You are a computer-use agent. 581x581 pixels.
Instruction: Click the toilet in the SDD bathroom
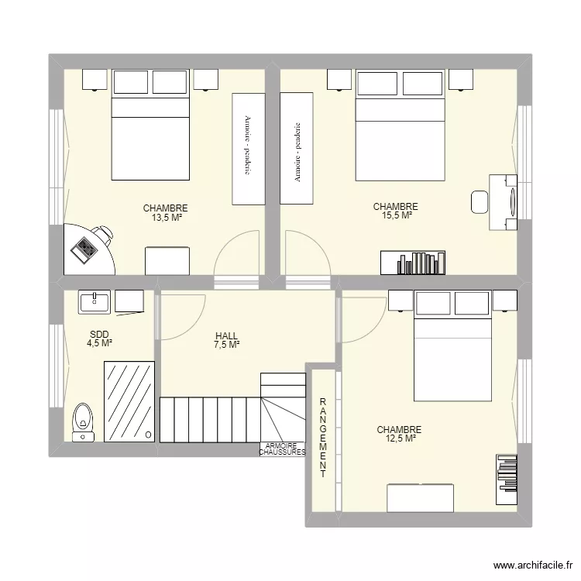click(83, 421)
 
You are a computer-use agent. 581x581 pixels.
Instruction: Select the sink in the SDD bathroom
click(95, 301)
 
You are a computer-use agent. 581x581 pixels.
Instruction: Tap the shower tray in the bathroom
click(129, 403)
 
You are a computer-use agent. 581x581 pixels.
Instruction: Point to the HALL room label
click(227, 336)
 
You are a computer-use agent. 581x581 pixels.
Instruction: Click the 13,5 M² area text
click(166, 218)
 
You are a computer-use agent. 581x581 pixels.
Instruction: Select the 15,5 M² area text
click(396, 216)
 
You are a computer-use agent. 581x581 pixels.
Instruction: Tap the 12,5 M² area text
click(401, 438)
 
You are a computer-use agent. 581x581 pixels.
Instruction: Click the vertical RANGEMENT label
click(323, 438)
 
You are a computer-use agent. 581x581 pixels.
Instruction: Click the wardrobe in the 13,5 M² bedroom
click(247, 148)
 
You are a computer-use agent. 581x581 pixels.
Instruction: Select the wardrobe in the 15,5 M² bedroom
click(297, 148)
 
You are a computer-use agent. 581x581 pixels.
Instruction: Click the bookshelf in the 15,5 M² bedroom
click(413, 263)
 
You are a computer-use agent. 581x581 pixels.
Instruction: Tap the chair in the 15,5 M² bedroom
click(480, 201)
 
